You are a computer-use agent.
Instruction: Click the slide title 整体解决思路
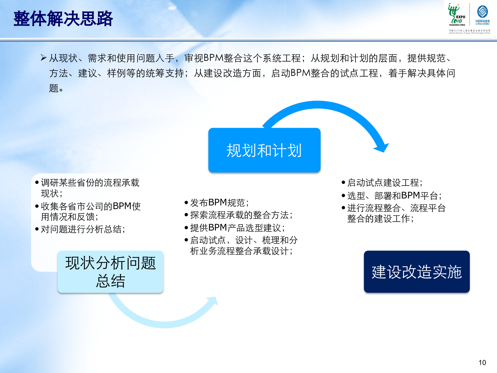63,19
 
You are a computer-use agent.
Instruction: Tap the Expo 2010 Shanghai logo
457,15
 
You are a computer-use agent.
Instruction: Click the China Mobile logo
483,15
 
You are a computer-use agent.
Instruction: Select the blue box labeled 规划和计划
264,150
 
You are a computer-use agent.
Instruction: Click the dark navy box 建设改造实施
416,272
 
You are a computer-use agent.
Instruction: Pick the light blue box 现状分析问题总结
110,272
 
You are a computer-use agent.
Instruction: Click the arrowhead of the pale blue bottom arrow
213,302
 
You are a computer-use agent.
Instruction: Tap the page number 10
482,362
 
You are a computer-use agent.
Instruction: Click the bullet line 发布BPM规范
219,203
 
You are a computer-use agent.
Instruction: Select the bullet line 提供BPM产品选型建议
237,228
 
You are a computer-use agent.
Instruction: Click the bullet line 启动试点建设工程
385,183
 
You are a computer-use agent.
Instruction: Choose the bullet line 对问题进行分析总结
83,229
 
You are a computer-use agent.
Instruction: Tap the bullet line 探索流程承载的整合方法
241,215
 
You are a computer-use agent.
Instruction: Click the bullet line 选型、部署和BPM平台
394,196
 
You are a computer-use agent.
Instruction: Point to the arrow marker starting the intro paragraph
43,58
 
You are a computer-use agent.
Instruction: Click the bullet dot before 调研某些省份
37,183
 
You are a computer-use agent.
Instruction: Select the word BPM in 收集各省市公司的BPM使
122,206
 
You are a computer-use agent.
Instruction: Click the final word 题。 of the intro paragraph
56,88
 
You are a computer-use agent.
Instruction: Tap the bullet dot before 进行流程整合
343,208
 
